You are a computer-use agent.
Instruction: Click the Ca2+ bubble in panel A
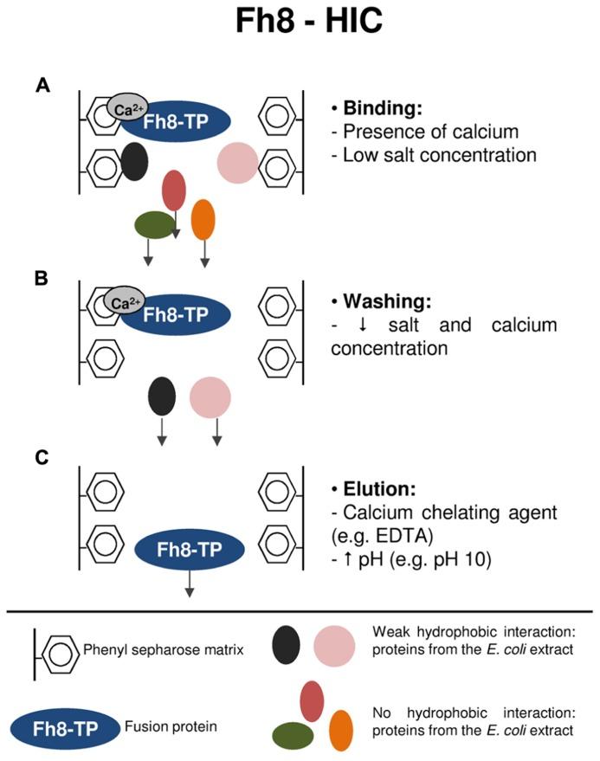[127, 108]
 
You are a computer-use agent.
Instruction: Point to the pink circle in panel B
[210, 397]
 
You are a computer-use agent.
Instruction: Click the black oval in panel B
[162, 397]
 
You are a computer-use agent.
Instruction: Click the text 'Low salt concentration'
[440, 156]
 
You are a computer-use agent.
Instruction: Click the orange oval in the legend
[341, 729]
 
